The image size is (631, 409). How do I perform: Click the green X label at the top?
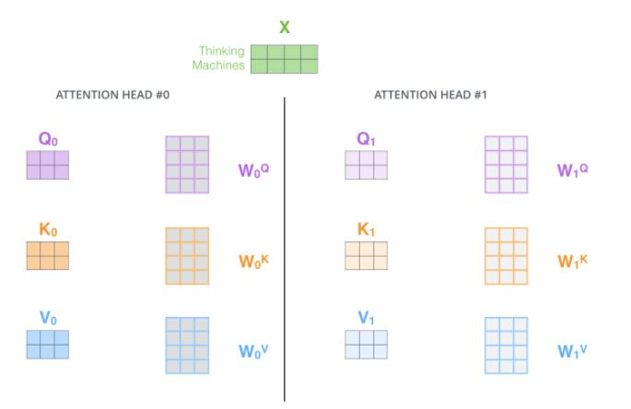(x=285, y=28)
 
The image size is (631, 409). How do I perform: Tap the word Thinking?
(x=222, y=52)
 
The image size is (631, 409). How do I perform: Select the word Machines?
(x=218, y=65)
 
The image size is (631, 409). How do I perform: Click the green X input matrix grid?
(x=284, y=59)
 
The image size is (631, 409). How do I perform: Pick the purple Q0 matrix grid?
(x=48, y=165)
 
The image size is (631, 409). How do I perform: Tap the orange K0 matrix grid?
(x=48, y=255)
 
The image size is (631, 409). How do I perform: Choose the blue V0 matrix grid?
(x=48, y=345)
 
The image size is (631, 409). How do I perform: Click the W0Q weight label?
(x=253, y=170)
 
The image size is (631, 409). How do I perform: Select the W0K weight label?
(x=253, y=261)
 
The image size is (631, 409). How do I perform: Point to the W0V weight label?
(x=253, y=351)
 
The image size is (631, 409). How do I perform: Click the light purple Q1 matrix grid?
(x=366, y=165)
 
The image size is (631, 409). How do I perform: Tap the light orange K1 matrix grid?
(x=366, y=255)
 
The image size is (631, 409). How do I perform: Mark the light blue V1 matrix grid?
(x=366, y=345)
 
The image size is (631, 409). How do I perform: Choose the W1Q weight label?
(x=572, y=170)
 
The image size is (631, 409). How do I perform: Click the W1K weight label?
(x=572, y=261)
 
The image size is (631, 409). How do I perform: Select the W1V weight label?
(x=572, y=351)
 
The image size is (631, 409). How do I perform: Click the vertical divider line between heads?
(x=285, y=249)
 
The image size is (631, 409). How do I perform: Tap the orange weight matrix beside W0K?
(x=187, y=256)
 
